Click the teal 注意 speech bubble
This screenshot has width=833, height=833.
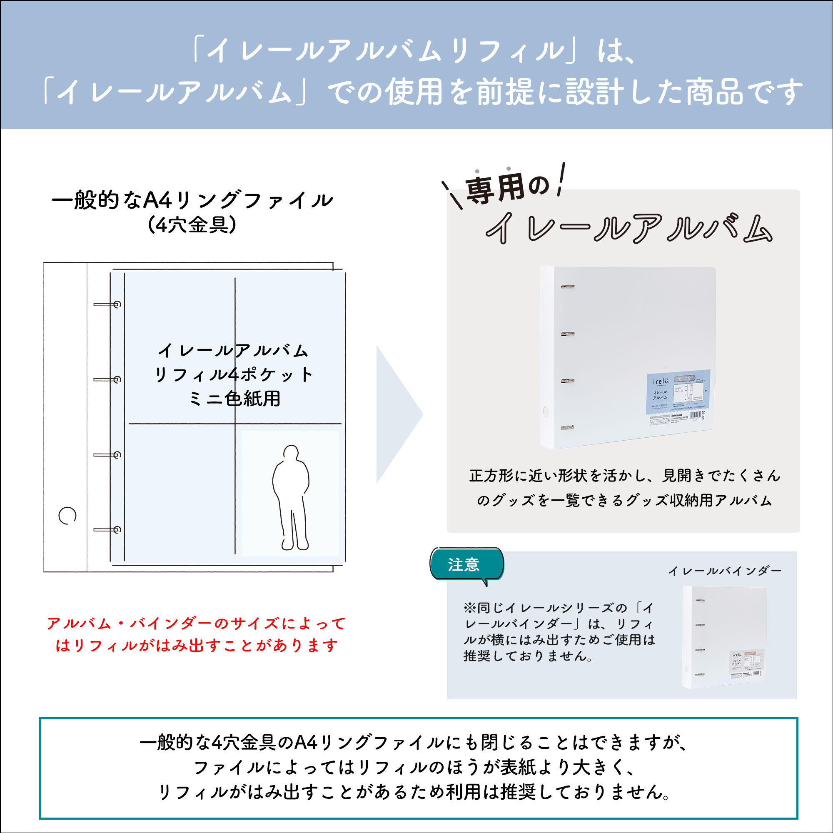[466, 564]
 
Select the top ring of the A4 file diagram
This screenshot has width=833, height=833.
[108, 304]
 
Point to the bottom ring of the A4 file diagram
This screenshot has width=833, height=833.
[108, 530]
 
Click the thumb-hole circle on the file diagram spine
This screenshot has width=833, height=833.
[67, 515]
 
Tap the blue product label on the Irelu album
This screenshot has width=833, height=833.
[678, 394]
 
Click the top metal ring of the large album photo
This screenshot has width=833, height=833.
[567, 286]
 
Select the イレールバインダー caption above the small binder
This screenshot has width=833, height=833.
[724, 571]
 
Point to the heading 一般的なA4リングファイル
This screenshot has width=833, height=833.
[192, 200]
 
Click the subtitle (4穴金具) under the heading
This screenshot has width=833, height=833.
[192, 224]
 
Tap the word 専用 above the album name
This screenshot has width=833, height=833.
[494, 188]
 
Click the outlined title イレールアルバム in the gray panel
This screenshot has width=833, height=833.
[628, 228]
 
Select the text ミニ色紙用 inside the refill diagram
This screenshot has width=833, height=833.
[235, 399]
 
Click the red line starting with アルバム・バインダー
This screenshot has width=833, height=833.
[196, 624]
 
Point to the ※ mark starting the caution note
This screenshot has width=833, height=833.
[469, 608]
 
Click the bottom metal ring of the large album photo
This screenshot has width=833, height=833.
[567, 428]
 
